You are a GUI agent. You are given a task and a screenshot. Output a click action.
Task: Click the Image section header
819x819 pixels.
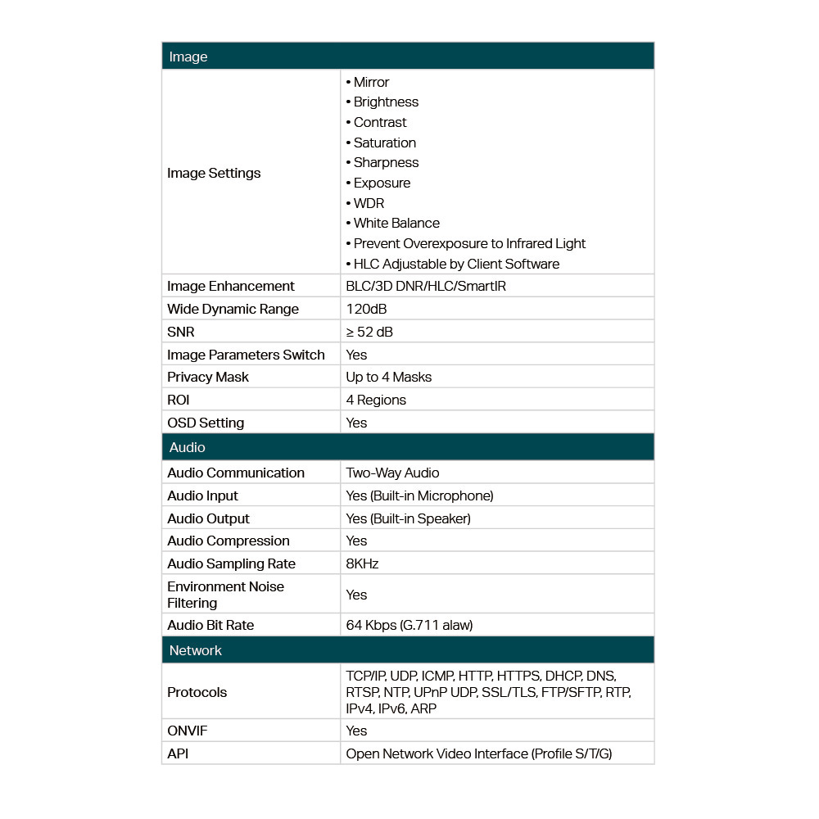(188, 57)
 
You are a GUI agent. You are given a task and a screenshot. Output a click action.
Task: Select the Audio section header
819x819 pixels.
(188, 447)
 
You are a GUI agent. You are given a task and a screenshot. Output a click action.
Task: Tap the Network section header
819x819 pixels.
(196, 650)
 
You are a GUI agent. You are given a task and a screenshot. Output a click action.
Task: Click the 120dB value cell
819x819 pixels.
(366, 309)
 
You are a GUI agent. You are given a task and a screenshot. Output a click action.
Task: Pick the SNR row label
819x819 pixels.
(181, 332)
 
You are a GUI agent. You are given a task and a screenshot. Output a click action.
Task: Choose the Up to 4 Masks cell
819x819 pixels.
(388, 377)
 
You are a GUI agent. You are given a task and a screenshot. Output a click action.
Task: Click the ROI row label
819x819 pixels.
(179, 400)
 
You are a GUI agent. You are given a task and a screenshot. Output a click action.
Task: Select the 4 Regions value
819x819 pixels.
(376, 400)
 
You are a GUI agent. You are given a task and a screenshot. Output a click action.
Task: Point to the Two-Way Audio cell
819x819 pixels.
(392, 473)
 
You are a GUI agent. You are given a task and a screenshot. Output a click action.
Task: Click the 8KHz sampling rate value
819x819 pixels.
(362, 563)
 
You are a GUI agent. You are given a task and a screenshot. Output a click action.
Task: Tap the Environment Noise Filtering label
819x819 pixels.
(225, 595)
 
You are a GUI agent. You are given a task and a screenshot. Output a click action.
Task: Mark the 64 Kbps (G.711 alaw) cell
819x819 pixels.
(409, 625)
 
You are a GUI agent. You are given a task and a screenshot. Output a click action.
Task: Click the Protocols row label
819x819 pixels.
(197, 692)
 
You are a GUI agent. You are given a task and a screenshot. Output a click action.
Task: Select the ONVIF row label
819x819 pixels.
(187, 731)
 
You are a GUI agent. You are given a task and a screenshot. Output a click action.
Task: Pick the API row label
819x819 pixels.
(178, 753)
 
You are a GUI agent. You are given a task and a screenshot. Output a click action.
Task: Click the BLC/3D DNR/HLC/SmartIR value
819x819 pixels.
(426, 286)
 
